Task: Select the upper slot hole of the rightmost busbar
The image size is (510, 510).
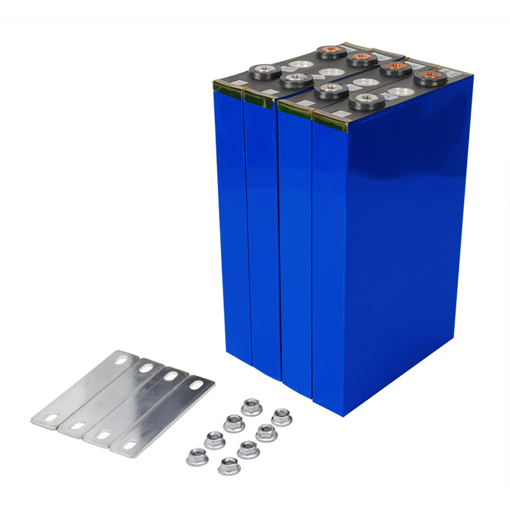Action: [x=195, y=385]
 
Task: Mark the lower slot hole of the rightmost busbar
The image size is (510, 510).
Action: [x=129, y=444]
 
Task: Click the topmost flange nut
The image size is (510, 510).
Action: [x=250, y=406]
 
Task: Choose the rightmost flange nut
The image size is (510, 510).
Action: [x=281, y=418]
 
